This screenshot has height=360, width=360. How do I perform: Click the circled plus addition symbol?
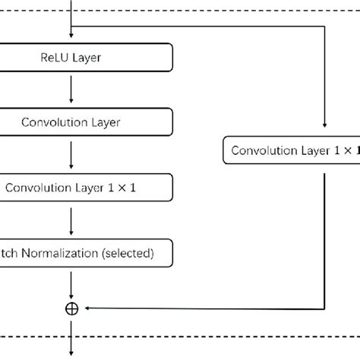coord(72,308)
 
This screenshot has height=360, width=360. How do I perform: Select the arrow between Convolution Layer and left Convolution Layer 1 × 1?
coord(71,153)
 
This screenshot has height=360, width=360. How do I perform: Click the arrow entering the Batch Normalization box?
coord(71,219)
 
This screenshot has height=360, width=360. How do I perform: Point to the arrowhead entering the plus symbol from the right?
coord(85,308)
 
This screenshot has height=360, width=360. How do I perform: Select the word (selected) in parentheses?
coord(129,252)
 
